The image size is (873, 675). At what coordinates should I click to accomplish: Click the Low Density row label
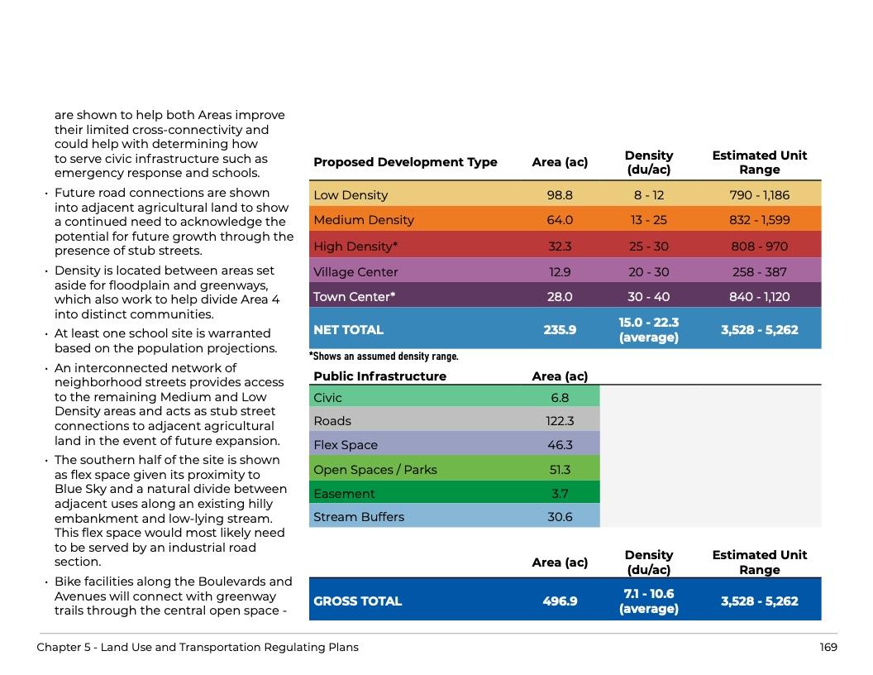pos(351,195)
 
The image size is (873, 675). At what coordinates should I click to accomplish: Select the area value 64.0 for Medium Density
pos(560,220)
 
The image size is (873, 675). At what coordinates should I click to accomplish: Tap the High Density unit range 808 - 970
pos(759,247)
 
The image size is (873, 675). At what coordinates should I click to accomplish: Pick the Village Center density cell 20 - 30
pos(649,272)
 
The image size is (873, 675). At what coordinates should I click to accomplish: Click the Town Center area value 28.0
pos(560,297)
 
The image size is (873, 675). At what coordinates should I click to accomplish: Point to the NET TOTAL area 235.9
pos(560,330)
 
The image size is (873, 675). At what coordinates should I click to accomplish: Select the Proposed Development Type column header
pos(405,162)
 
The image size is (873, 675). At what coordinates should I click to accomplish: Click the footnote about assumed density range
pos(384,357)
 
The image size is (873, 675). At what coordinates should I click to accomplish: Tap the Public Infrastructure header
pos(379,376)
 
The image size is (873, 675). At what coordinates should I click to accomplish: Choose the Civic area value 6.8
pos(560,398)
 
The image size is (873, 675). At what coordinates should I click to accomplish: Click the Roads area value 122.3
pos(560,421)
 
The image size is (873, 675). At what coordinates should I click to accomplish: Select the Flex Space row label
pos(346,445)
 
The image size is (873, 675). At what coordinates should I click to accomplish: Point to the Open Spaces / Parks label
pos(375,470)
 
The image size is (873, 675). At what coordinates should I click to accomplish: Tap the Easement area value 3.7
pos(560,494)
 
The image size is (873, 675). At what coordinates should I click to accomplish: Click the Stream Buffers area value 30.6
pos(560,517)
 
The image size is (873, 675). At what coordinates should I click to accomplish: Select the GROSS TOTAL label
pos(357,601)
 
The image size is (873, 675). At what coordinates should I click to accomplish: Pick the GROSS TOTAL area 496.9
pos(560,601)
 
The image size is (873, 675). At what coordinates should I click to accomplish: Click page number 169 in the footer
pos(828,648)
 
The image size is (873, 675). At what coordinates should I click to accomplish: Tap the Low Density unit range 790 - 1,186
pos(759,195)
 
